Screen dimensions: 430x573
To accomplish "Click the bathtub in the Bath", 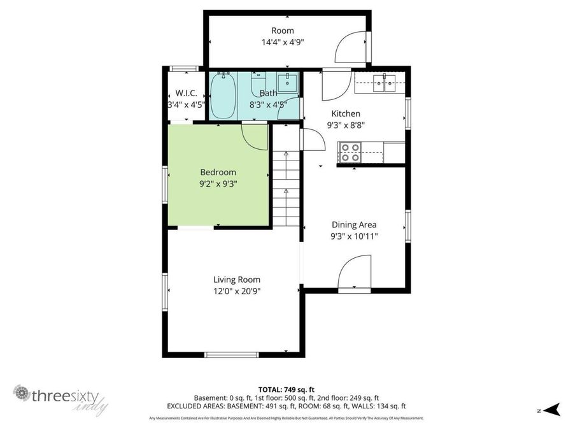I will click(x=223, y=96).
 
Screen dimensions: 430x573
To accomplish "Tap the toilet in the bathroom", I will click(x=258, y=83).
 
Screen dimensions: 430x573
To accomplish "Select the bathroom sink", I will click(x=290, y=81).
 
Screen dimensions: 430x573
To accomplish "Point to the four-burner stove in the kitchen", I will click(x=350, y=153).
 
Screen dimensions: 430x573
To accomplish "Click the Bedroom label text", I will click(x=218, y=172).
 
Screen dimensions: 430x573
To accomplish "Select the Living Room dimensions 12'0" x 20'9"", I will click(x=237, y=291).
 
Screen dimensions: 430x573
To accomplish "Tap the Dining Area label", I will click(x=354, y=224).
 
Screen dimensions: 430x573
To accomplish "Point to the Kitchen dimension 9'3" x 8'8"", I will click(x=345, y=125).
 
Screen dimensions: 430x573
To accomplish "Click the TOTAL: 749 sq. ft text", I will click(x=286, y=389).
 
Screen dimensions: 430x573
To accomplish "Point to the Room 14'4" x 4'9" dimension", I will click(x=283, y=43).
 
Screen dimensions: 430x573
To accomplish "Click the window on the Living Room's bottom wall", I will click(x=230, y=354).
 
